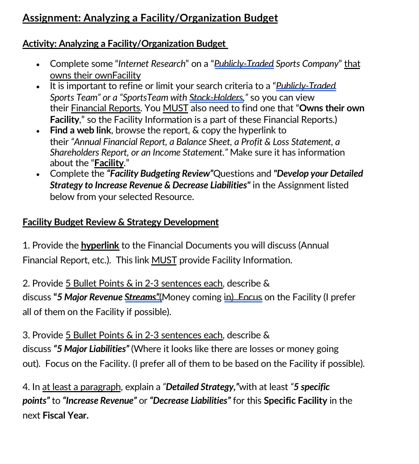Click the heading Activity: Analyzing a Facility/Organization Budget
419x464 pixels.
click(125, 44)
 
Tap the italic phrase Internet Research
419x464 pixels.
click(152, 64)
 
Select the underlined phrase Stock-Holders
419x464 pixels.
click(216, 98)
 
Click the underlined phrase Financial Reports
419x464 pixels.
click(105, 108)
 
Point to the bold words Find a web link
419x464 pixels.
click(80, 130)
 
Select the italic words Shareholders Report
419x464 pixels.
click(88, 152)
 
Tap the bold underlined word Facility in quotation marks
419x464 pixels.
click(109, 163)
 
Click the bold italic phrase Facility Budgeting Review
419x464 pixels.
click(160, 174)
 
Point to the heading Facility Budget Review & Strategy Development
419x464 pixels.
click(121, 222)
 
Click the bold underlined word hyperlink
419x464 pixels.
click(100, 245)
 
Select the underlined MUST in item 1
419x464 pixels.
click(164, 260)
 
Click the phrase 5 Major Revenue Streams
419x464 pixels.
click(107, 297)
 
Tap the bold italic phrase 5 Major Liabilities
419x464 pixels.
click(91, 349)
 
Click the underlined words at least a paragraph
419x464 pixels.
click(81, 387)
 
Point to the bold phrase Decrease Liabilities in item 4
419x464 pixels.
click(190, 401)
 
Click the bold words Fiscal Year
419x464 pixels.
click(65, 415)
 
